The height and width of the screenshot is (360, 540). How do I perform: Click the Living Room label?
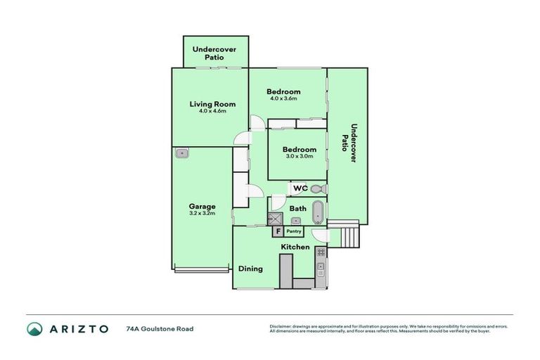pos(212,104)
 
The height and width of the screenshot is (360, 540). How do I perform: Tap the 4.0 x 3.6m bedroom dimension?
pos(283,98)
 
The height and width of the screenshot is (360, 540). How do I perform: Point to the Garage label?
pos(202,206)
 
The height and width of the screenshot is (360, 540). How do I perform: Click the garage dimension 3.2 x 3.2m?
pos(202,213)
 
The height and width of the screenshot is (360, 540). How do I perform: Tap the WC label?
pos(300,188)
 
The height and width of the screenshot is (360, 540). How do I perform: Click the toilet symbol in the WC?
pos(317,188)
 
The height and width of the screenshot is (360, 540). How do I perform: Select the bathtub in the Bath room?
pos(318,211)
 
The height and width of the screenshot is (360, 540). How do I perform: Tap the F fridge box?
pos(278,231)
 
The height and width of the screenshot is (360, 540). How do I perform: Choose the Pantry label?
pos(294,231)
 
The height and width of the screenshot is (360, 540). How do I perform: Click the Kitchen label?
pos(295,247)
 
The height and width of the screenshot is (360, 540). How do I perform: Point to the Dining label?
pos(250,269)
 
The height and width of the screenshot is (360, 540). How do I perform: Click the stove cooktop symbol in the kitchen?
pos(321,251)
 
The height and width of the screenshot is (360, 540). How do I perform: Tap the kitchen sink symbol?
pos(321,268)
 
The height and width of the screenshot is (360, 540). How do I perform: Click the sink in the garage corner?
pos(182,153)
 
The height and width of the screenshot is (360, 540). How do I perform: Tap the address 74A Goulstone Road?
pos(160,328)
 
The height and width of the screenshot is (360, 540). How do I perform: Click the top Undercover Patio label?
pos(214,53)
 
